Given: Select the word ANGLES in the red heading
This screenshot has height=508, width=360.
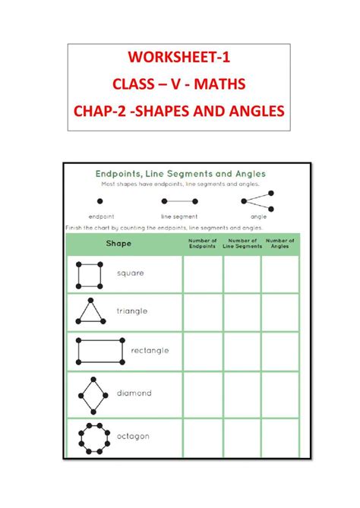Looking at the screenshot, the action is click(x=248, y=111).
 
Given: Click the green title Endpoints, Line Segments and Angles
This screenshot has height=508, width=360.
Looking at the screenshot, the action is click(x=180, y=173).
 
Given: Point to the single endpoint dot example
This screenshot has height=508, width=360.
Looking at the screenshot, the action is click(x=99, y=201).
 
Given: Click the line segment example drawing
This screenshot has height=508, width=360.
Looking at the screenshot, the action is click(x=179, y=201).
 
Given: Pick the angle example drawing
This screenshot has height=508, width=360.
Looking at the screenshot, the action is click(x=257, y=201).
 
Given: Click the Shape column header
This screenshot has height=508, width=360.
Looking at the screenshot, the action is click(x=118, y=243).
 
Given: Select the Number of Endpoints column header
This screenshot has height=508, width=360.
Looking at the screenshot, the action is click(x=203, y=243).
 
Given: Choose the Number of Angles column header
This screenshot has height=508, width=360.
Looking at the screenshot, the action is click(x=280, y=243).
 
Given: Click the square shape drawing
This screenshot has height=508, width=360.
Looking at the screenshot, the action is click(x=90, y=274).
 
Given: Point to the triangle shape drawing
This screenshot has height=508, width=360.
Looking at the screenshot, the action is click(x=90, y=311).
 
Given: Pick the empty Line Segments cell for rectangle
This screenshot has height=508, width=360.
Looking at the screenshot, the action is click(x=242, y=352).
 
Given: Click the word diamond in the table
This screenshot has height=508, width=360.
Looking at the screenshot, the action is click(x=134, y=393).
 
